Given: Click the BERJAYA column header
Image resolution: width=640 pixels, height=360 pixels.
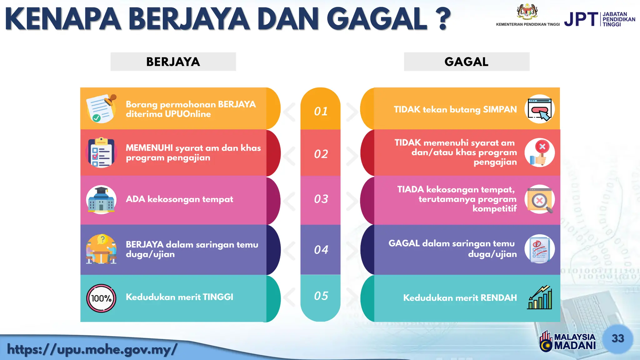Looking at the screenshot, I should pyautogui.click(x=173, y=62).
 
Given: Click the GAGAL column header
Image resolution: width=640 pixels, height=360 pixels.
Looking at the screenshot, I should pyautogui.click(x=466, y=62).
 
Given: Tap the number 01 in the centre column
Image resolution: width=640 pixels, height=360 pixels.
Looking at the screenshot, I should pyautogui.click(x=321, y=111).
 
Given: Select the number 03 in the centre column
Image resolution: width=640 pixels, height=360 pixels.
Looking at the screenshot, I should pyautogui.click(x=321, y=199).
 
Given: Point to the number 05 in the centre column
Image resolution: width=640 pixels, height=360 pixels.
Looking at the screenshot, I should pyautogui.click(x=321, y=296).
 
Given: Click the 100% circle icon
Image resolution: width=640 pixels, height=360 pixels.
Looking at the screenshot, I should pyautogui.click(x=101, y=298).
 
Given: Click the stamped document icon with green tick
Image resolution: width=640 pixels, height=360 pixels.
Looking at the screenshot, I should pyautogui.click(x=101, y=109).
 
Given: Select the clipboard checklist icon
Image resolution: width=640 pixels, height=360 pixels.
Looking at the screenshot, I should pyautogui.click(x=101, y=153).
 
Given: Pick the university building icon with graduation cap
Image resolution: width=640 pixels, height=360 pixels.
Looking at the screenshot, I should pyautogui.click(x=101, y=200).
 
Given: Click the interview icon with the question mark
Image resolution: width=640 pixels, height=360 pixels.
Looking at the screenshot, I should pyautogui.click(x=101, y=249).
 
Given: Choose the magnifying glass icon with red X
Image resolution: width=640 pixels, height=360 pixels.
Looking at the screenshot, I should pyautogui.click(x=540, y=199).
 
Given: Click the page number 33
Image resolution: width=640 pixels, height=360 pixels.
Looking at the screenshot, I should pyautogui.click(x=617, y=338).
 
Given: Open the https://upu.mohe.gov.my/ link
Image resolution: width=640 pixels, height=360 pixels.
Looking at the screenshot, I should pyautogui.click(x=92, y=349).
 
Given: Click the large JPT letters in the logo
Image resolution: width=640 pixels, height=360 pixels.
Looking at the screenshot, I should pyautogui.click(x=581, y=19).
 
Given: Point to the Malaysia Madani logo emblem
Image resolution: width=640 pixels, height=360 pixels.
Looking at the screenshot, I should pyautogui.click(x=546, y=341).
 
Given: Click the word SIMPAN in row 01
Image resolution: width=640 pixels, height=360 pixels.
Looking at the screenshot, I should pyautogui.click(x=500, y=109).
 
